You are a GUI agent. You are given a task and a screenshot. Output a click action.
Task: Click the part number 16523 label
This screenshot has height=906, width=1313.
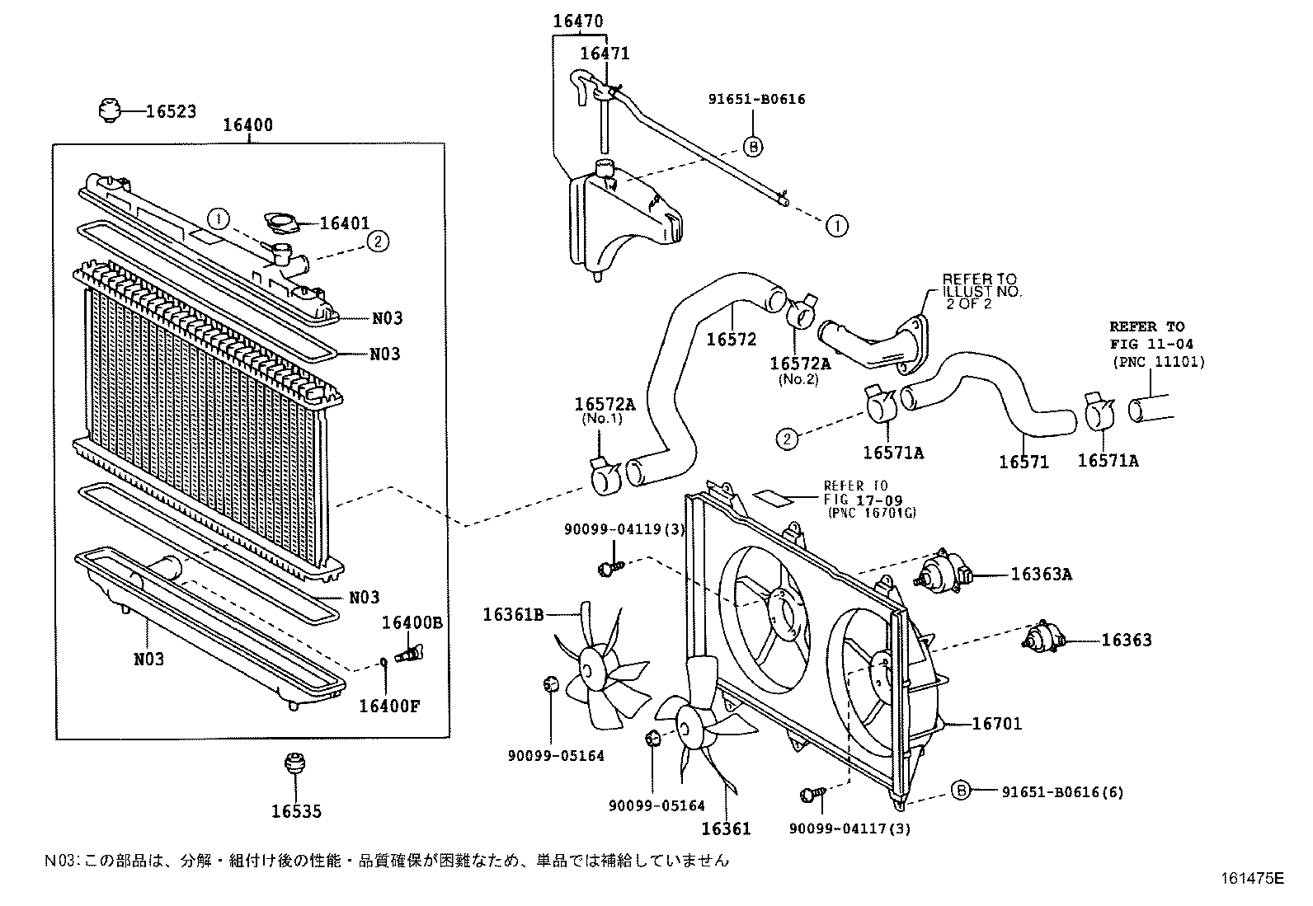coord(171,111)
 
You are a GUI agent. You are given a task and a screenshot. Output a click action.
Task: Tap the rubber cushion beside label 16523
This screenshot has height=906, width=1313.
coord(108,110)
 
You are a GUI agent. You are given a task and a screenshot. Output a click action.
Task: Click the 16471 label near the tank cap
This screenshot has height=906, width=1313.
coord(605,54)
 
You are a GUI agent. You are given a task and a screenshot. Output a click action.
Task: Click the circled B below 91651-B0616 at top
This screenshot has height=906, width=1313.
coord(752,147)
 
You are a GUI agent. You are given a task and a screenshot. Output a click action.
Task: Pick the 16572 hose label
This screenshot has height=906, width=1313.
coord(731,339)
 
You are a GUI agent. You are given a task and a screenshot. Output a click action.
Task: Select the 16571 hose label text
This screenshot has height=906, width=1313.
coord(1024,462)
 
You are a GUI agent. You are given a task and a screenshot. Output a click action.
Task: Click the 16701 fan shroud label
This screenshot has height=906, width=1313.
coord(996,724)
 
